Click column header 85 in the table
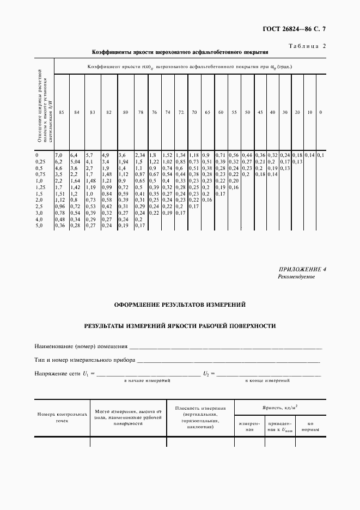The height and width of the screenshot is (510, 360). click(62, 112)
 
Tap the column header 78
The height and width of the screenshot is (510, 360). click(141, 112)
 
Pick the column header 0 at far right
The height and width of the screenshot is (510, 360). click(320, 112)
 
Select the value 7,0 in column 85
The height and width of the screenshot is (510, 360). click(59, 155)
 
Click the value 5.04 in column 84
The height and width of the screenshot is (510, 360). click(75, 161)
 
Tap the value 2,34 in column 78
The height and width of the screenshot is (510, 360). click(139, 155)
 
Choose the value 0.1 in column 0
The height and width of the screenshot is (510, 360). click(321, 155)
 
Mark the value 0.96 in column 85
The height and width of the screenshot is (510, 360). click(60, 207)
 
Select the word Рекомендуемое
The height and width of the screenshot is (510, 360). click(296, 277)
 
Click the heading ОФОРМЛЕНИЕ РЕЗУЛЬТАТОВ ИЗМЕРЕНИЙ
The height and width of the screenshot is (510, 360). click(180, 305)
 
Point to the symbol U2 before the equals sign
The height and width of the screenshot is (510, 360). click(206, 373)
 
